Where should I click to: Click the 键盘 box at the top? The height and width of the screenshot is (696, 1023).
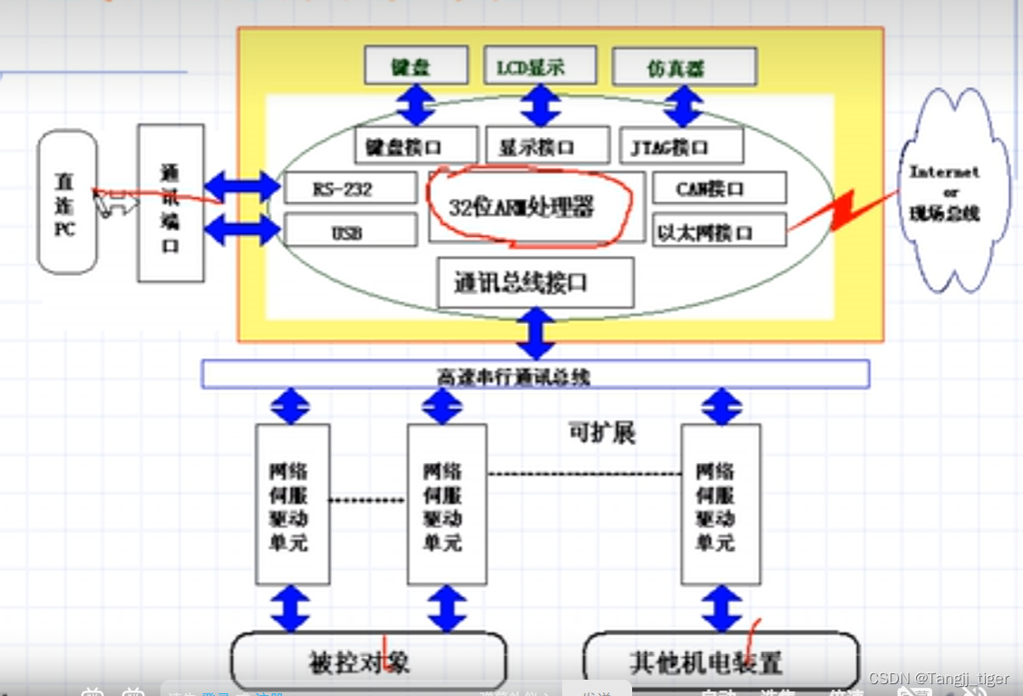tap(416, 66)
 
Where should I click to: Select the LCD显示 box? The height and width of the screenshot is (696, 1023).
tap(540, 66)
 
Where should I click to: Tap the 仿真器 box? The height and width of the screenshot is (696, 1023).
tap(684, 67)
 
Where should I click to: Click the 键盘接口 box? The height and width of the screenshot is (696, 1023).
tap(415, 145)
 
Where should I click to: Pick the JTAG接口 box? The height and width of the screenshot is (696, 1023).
tap(682, 145)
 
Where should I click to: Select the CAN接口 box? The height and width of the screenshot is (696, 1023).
tap(718, 189)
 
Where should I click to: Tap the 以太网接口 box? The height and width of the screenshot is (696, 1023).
tap(718, 230)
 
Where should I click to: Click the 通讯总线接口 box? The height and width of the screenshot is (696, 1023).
tap(534, 282)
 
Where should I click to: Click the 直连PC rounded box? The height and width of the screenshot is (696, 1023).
tap(66, 201)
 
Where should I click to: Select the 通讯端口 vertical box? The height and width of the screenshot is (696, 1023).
tap(170, 203)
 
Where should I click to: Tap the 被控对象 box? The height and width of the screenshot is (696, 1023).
tap(367, 661)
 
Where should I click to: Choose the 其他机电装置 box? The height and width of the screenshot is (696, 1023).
tap(719, 661)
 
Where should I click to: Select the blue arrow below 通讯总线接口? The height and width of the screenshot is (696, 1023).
tap(536, 333)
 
